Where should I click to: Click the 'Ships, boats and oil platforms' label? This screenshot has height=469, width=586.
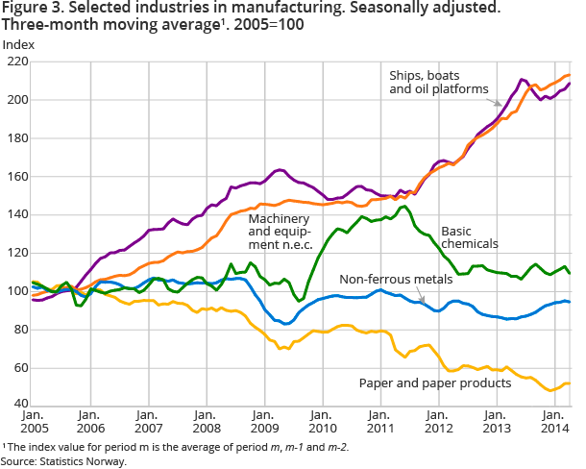coord(437,83)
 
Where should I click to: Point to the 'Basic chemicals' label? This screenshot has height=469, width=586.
coord(469,237)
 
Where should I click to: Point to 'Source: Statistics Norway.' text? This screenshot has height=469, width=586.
coord(64,461)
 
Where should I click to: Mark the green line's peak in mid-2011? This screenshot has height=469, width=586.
coord(403,207)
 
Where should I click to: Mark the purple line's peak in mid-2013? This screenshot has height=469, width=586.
coord(522,80)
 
